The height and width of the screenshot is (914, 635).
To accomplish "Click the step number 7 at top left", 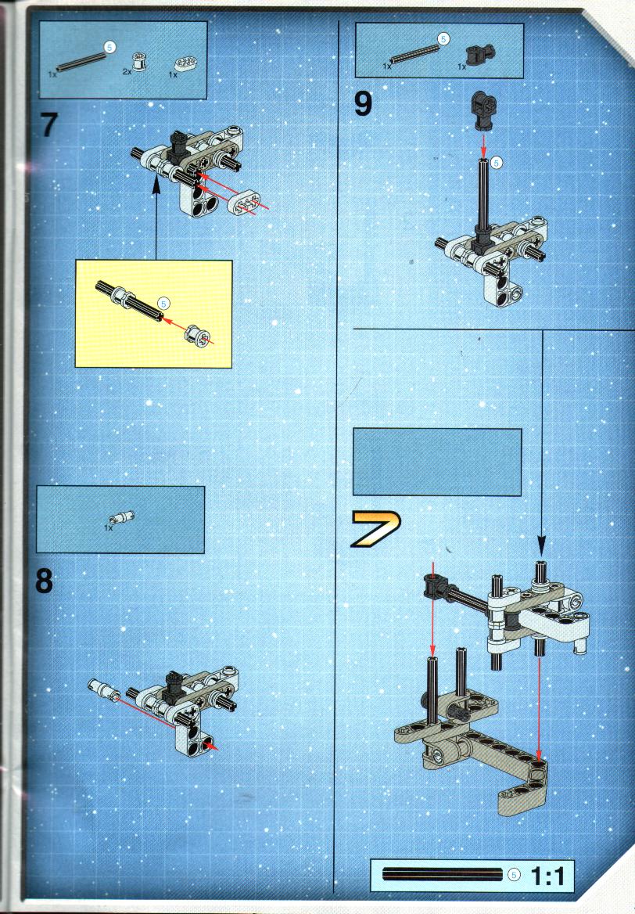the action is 49,124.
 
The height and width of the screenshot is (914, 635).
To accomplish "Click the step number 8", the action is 45,581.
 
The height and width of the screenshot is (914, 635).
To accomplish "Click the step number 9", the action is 363,104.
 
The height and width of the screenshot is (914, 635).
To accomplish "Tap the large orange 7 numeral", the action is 375,529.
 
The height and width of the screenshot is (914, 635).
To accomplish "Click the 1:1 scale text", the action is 547,876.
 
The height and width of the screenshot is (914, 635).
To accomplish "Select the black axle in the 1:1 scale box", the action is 443,874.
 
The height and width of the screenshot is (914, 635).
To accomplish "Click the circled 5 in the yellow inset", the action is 163,304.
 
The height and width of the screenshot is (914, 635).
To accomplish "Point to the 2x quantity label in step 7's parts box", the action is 127,71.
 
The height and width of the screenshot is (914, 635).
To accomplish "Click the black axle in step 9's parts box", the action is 414,54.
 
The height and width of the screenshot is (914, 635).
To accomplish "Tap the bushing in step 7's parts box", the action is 140,61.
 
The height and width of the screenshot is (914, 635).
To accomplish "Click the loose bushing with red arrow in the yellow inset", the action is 196,336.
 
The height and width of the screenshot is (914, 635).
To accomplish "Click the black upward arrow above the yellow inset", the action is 156,218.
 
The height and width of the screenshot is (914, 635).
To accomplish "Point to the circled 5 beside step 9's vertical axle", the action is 497,164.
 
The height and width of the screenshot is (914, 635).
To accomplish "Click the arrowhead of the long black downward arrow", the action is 541,547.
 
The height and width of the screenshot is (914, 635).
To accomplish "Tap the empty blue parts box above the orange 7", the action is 437,462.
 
